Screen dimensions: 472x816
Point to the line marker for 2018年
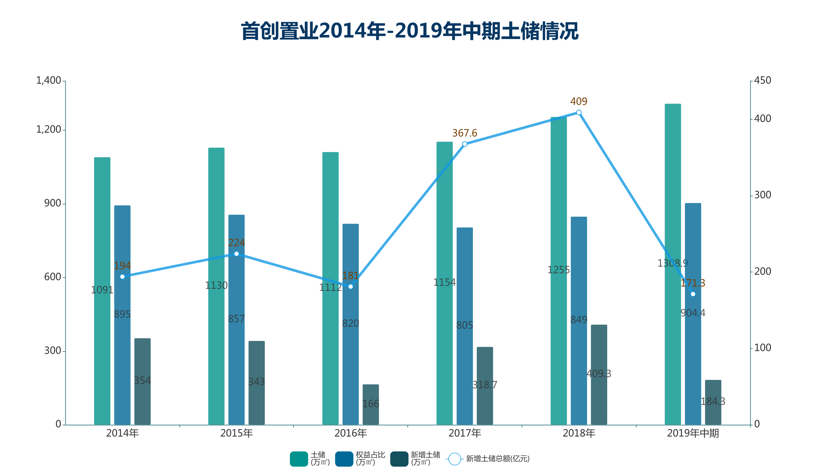point(579,113)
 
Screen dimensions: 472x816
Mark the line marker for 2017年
point(465,144)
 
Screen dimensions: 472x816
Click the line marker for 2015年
point(236,254)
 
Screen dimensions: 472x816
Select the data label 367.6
point(465,133)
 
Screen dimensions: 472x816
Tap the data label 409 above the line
point(579,101)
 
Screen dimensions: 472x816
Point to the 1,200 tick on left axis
point(48,130)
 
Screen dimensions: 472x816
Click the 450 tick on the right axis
point(762,80)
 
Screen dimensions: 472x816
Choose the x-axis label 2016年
point(350,433)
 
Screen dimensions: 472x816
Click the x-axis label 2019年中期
point(693,433)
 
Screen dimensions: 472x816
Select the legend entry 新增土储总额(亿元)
point(497,459)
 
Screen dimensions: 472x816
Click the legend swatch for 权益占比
point(344,459)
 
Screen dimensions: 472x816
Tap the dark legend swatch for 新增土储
point(399,459)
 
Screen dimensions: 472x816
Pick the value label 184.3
point(713,402)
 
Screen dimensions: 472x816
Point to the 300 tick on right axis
point(762,195)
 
